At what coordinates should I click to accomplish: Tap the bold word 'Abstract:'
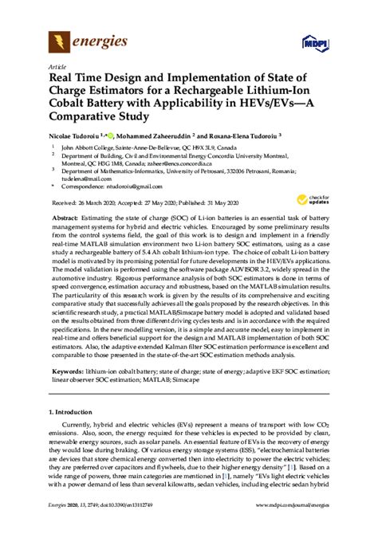point(66,218)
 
